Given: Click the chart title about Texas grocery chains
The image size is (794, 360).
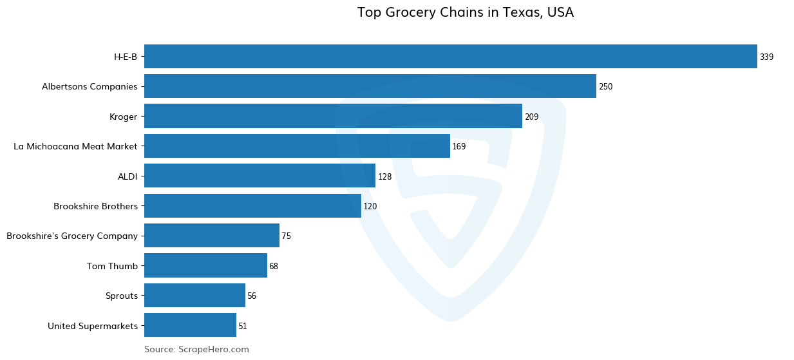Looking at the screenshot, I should (x=465, y=12).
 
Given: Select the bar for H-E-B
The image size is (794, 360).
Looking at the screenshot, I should (x=450, y=57).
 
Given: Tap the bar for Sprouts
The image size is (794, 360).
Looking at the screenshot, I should (x=194, y=296).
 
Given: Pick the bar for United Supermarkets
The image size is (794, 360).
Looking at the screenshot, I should (x=190, y=325).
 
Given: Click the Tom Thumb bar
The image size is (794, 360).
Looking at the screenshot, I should (x=205, y=266).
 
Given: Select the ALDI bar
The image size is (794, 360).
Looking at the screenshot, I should (x=260, y=176).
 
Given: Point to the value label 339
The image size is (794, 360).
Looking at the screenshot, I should (x=766, y=57).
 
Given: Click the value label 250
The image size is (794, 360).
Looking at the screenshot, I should (x=605, y=87).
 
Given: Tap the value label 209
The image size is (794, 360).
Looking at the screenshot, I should (x=531, y=117).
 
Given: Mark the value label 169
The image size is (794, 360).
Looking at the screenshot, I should (x=458, y=147).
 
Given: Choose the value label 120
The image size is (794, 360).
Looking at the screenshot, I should (x=370, y=207).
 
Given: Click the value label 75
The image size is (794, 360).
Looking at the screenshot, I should (x=286, y=236).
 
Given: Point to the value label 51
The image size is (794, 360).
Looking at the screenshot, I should (x=243, y=327).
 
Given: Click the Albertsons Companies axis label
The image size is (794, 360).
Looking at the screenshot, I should (x=90, y=86).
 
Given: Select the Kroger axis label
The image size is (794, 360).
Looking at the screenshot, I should (x=123, y=117).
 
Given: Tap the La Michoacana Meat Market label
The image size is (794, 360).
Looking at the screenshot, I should (x=75, y=146).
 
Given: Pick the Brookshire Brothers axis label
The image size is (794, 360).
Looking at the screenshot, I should (x=95, y=206).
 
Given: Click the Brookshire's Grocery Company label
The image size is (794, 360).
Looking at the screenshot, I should (x=72, y=236).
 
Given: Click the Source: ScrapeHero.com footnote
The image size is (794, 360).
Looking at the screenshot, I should (x=196, y=349).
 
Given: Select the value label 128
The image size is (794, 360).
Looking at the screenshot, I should (x=384, y=176).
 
